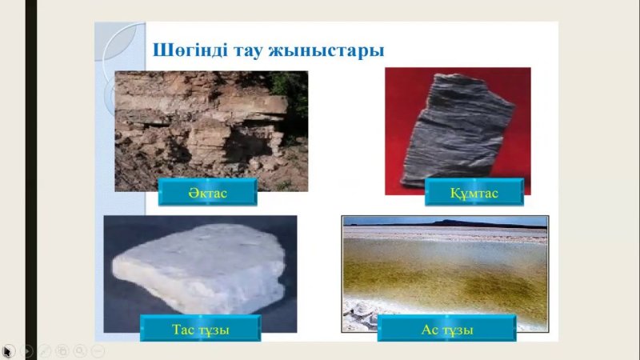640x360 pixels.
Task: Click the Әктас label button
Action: coord(207,193)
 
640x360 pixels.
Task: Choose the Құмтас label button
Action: coord(474,193)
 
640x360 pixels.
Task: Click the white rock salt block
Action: coord(200,268)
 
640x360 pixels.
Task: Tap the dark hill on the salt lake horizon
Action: coord(457,222)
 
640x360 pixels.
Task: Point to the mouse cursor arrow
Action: coord(6,350)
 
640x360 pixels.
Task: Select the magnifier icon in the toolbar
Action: coord(80,350)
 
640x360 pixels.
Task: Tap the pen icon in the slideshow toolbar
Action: coord(45,350)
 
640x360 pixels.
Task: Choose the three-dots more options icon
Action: coord(98,350)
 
